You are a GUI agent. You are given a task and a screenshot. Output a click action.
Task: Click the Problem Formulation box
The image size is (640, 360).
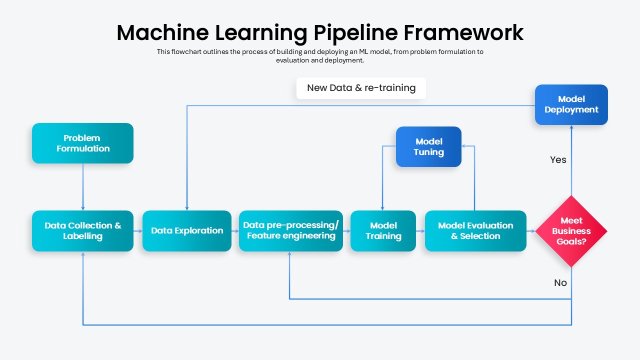pos(82,143)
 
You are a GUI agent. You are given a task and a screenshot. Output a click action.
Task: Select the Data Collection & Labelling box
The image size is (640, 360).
pos(82,231)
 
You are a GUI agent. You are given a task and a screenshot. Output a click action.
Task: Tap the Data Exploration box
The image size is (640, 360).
pos(187,231)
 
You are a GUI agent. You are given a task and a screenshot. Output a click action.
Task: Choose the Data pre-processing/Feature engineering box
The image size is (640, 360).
pos(291,231)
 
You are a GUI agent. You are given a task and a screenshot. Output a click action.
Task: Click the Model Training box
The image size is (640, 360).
pos(383,231)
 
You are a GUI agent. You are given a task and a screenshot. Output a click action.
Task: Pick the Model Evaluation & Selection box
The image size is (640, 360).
pos(475,231)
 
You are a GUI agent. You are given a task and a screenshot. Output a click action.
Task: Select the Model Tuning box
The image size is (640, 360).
pos(428,146)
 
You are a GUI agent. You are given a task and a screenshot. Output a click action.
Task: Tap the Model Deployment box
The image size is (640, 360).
pos(571,104)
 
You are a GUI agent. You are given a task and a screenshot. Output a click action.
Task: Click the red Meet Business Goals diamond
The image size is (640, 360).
pos(571,231)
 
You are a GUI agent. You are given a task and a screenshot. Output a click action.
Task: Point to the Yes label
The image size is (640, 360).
pos(558,159)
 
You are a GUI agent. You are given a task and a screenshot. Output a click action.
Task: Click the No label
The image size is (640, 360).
pos(560,283)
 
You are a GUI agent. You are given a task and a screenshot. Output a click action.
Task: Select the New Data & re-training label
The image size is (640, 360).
pos(361,88)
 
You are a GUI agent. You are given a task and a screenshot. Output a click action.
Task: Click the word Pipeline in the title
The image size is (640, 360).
pos(355,33)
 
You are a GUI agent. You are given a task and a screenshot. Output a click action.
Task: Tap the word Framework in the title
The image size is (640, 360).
pos(463,32)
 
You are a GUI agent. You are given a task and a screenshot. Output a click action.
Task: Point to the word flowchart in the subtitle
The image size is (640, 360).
pos(186,51)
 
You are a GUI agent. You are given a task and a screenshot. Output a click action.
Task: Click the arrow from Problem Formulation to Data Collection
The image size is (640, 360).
pos(83,187)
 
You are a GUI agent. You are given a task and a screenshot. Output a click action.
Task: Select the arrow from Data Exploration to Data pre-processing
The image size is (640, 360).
pos(235,231)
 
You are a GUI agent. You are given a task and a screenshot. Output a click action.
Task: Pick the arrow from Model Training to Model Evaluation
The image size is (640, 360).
pos(420,231)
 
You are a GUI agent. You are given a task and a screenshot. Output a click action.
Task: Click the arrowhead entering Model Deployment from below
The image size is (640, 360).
pos(571,127)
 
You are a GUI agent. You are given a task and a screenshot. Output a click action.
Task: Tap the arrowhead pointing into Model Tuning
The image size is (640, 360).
pos(463,146)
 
